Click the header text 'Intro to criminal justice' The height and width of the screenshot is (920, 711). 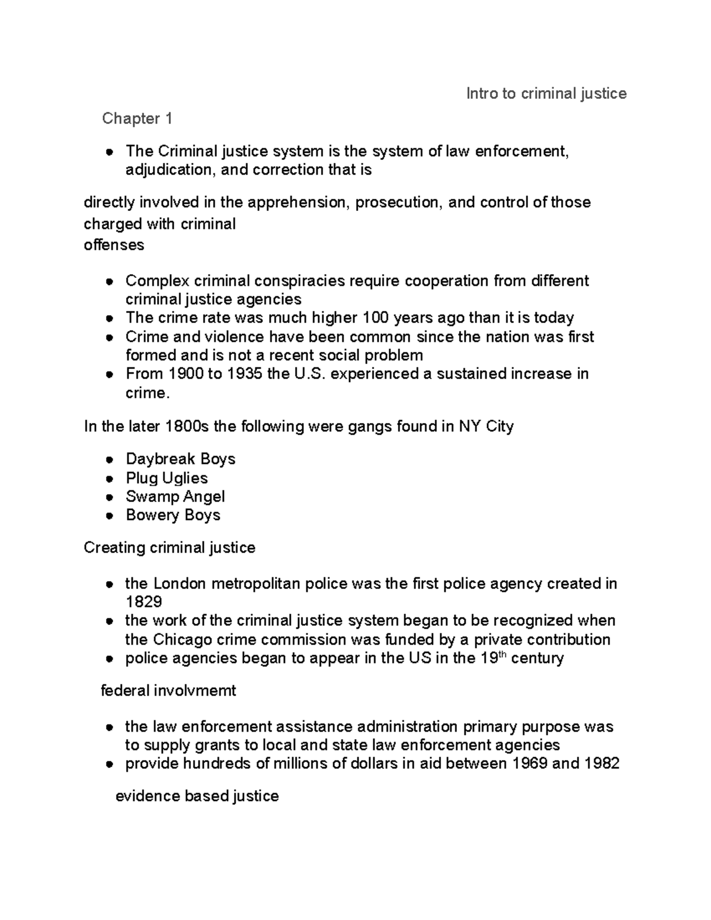[x=546, y=94]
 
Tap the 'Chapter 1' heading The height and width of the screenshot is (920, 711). [x=137, y=118]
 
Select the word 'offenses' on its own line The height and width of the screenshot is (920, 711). [x=114, y=245]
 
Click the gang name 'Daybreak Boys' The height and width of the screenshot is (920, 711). [x=180, y=459]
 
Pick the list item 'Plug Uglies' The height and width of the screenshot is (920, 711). [x=166, y=478]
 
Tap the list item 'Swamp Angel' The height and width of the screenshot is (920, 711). [x=175, y=496]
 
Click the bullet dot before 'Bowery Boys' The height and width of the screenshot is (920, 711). [x=109, y=516]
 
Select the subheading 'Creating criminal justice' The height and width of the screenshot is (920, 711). [x=169, y=547]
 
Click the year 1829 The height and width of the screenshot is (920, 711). [x=143, y=602]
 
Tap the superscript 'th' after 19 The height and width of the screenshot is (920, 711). [x=501, y=655]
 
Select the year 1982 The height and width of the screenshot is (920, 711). [x=601, y=764]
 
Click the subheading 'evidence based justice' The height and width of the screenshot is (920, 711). [x=197, y=796]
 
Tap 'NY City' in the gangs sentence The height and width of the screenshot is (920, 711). [x=486, y=427]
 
